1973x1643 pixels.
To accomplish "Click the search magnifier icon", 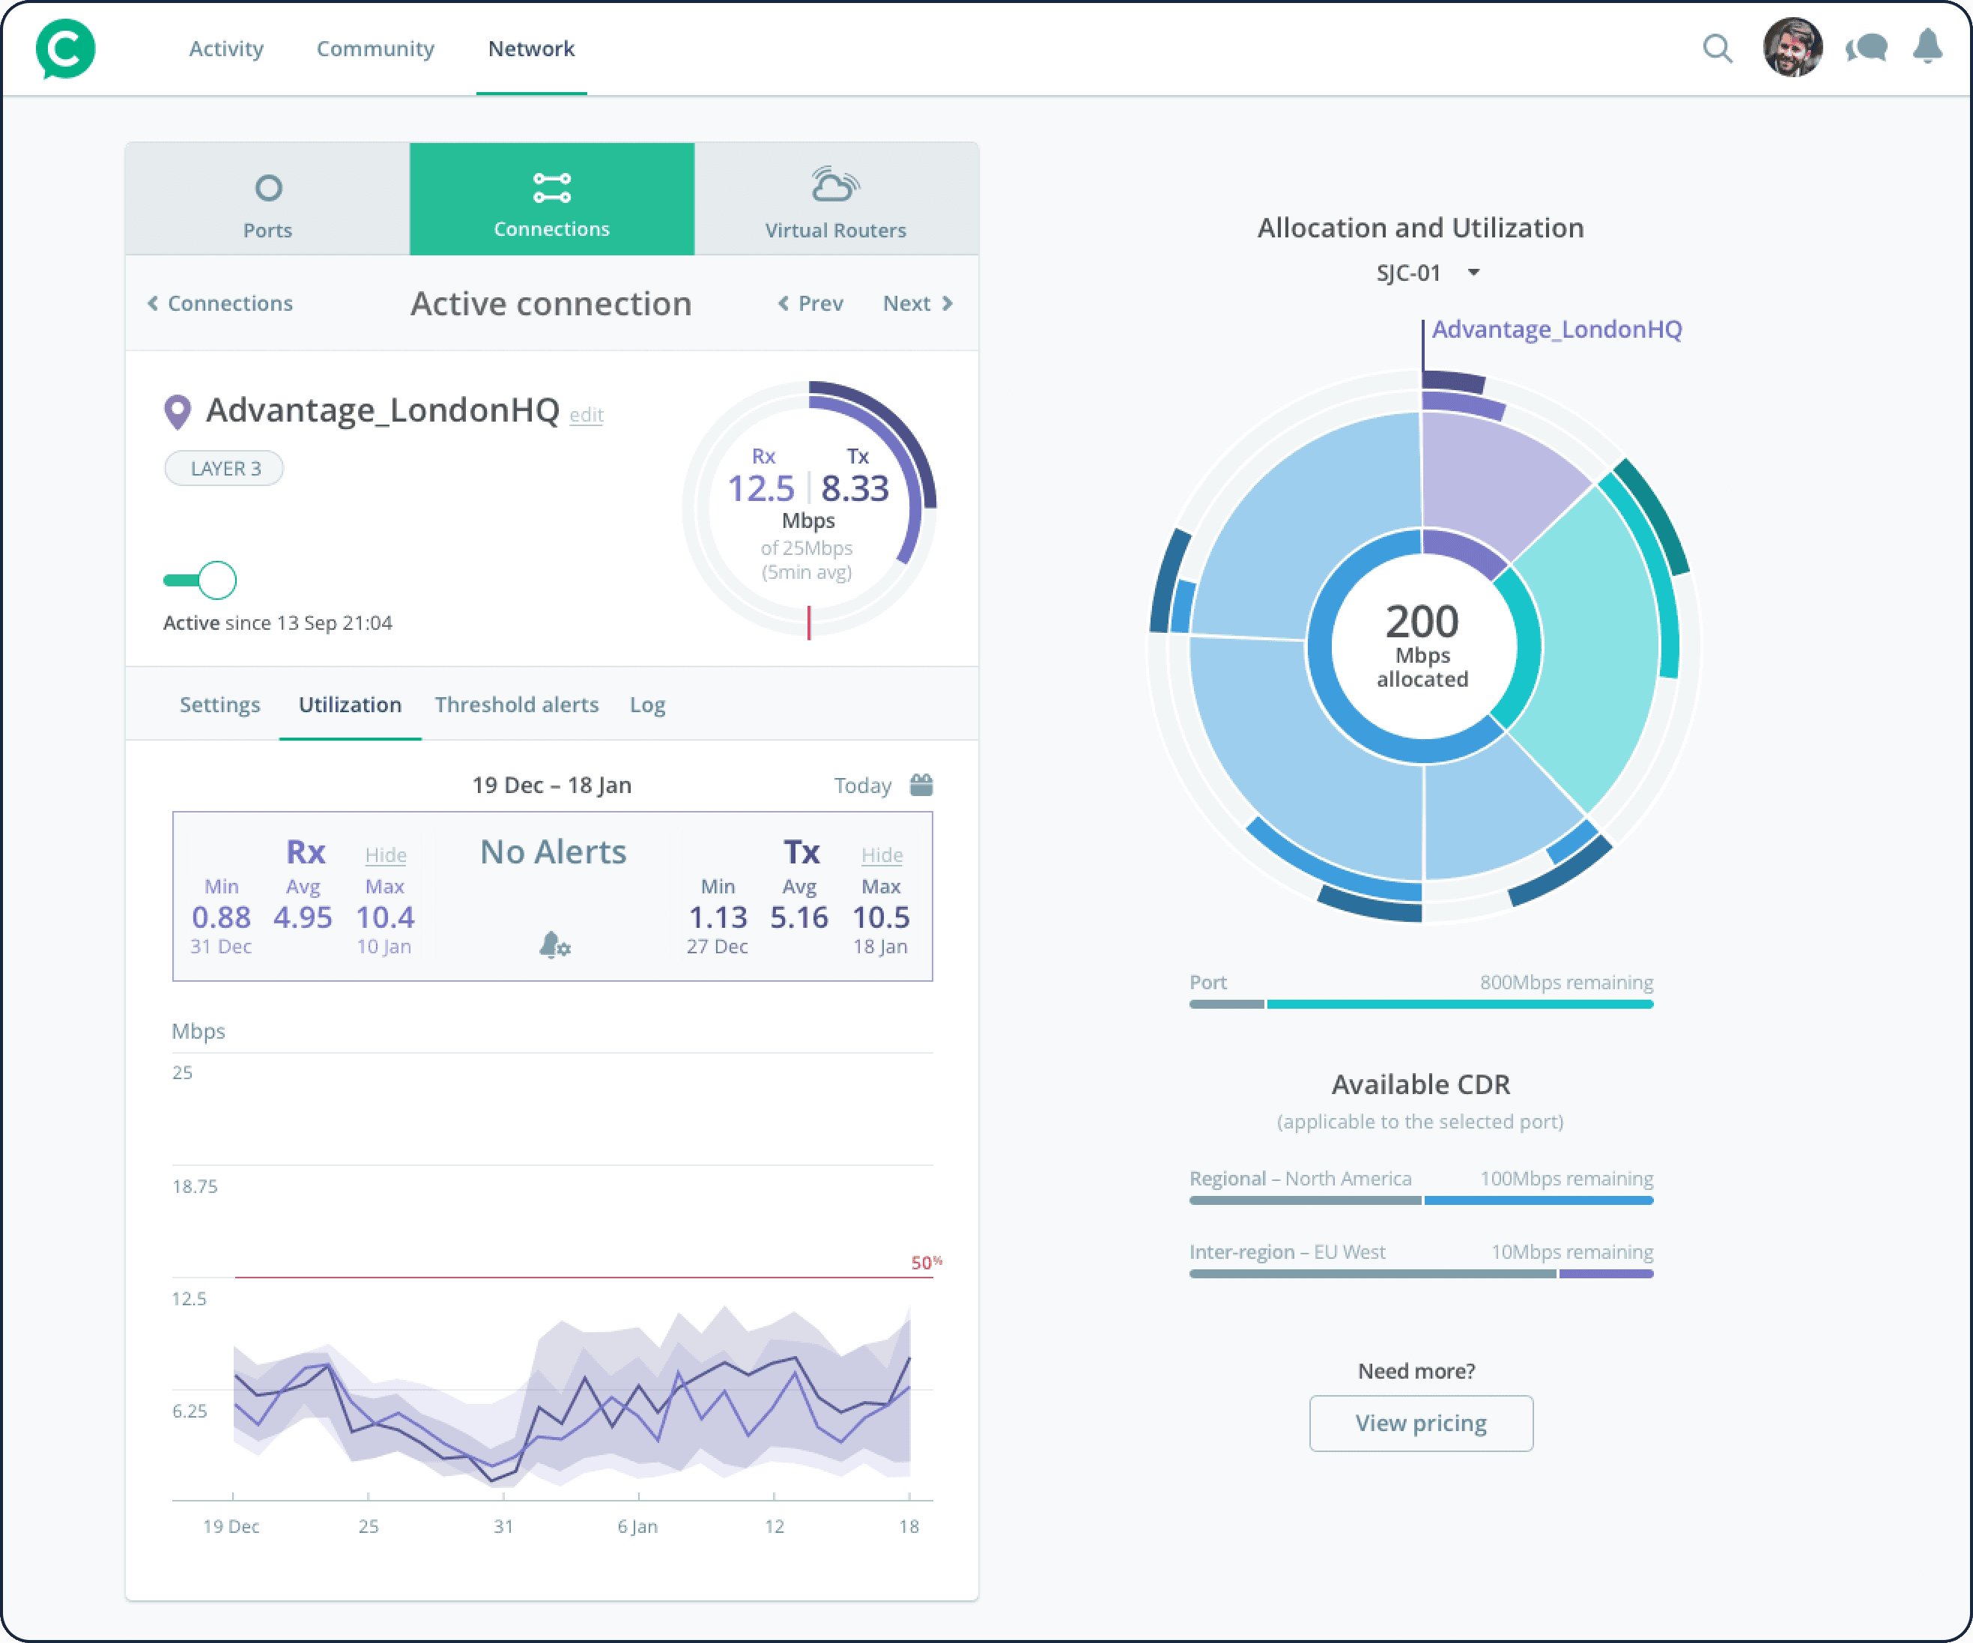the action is (1718, 48).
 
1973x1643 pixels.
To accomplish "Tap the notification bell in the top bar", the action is (1927, 46).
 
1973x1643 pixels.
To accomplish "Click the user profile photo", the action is (1792, 47).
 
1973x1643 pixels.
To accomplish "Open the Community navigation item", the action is (375, 49).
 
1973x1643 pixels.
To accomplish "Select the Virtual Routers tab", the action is (835, 199).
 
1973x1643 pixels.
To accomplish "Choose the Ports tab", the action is (267, 199).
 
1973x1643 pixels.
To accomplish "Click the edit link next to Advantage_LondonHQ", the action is (587, 414).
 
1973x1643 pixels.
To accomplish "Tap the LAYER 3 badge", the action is (225, 468).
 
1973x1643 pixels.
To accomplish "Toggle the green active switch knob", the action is (217, 580).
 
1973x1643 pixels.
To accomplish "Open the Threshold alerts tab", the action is (516, 705).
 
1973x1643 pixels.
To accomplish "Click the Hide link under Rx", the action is (385, 855).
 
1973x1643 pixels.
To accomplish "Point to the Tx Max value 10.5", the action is (880, 917).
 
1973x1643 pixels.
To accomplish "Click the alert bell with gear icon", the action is (554, 944).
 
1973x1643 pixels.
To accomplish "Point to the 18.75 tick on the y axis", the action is (195, 1186).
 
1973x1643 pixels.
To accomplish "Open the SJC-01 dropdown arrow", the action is (1473, 273).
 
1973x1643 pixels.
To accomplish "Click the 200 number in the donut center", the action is (1422, 621).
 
